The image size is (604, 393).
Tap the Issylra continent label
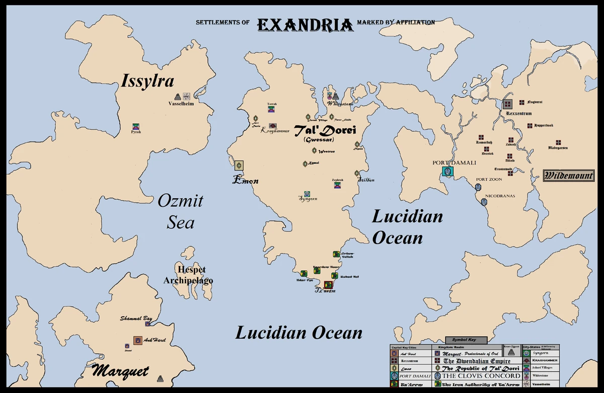click(x=147, y=81)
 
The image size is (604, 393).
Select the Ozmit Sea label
click(x=180, y=212)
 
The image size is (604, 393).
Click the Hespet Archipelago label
click(x=188, y=275)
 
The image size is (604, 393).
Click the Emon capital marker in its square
click(x=239, y=165)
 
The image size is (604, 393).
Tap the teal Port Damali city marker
click(x=447, y=171)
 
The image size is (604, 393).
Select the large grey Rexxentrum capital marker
click(x=508, y=104)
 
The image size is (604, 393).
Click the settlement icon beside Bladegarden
click(x=558, y=142)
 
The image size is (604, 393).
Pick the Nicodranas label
click(x=500, y=196)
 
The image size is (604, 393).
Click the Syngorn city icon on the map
click(x=307, y=194)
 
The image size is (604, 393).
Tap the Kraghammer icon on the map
click(x=272, y=126)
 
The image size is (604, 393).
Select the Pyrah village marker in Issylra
click(x=135, y=126)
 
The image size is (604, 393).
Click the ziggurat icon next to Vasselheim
click(x=178, y=96)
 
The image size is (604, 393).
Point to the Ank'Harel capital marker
click(x=137, y=341)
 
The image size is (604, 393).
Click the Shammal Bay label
click(x=136, y=318)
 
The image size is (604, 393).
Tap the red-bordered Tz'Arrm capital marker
click(x=328, y=285)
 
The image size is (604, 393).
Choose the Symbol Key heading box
click(x=466, y=340)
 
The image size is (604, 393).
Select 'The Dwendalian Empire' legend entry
click(x=476, y=361)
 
